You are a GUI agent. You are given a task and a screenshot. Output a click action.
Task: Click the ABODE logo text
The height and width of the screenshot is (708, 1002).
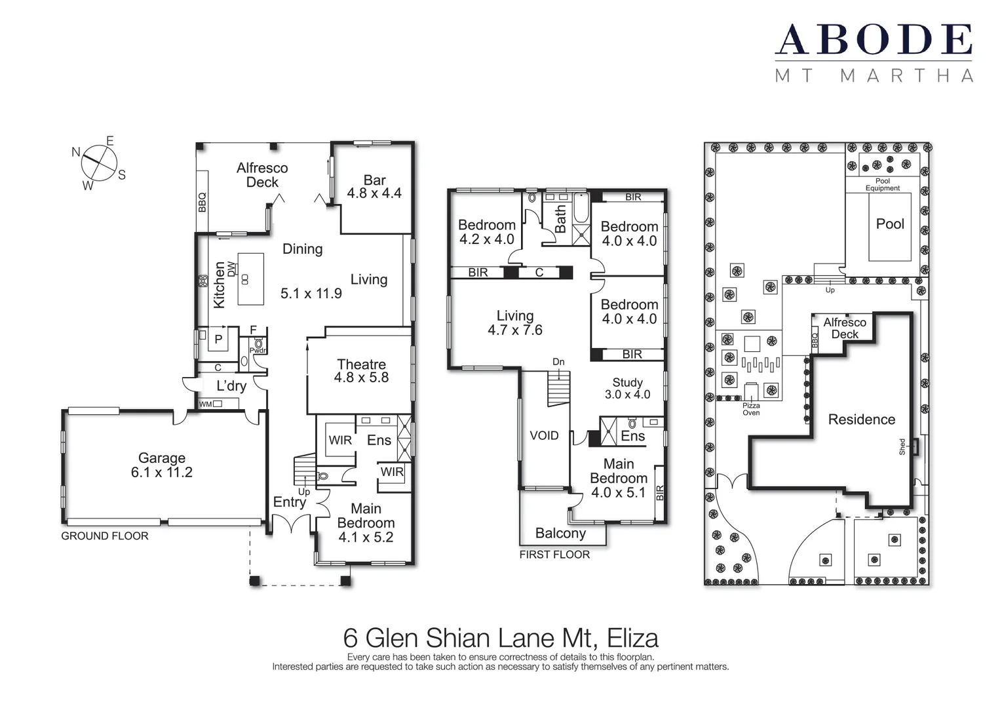[874, 40]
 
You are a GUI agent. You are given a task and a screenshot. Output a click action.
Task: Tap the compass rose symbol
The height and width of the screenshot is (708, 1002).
[100, 162]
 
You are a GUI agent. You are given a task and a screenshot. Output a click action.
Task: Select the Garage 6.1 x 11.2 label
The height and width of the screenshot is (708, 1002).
[162, 465]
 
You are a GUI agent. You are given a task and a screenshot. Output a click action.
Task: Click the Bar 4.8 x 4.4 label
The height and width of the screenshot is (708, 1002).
[374, 187]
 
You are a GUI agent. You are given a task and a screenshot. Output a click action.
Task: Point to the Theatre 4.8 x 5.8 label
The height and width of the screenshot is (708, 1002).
[361, 371]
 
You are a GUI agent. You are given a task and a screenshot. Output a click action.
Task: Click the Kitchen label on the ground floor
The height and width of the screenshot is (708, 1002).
[219, 285]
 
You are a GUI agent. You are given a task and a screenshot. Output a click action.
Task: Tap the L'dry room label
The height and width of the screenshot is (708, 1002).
[231, 386]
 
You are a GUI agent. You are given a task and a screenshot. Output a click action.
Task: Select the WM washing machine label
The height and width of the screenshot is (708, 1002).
[205, 404]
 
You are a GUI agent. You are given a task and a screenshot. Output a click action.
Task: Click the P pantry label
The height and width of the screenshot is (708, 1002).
[218, 339]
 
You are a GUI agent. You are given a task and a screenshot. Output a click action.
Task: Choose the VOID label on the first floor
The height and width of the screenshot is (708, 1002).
[544, 436]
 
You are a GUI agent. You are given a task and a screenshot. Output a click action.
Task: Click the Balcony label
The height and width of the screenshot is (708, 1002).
[560, 534]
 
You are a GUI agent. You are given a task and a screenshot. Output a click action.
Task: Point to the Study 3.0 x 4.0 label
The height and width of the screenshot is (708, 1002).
[627, 388]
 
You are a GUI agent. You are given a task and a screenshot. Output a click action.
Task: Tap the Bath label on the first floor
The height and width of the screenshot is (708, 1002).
[560, 220]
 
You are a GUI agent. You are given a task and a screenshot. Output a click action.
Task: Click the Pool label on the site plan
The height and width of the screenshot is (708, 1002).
[889, 224]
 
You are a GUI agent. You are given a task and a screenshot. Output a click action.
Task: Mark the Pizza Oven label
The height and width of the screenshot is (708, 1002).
[751, 409]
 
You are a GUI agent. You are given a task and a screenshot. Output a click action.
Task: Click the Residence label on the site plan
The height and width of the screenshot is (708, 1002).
[861, 420]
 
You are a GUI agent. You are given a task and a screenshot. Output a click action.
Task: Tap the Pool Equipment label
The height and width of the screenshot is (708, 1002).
[882, 185]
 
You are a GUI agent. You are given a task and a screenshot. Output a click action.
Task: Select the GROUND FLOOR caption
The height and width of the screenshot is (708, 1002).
[105, 536]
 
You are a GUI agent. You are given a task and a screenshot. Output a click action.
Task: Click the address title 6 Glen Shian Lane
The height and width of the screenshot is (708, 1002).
[501, 638]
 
